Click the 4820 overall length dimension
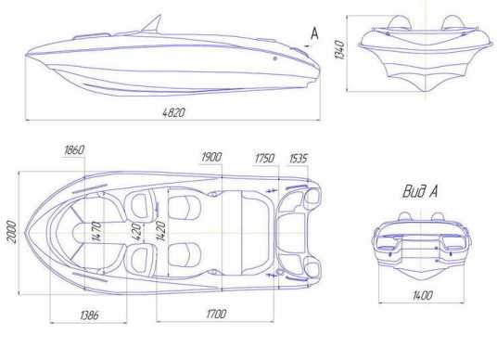click(173, 112)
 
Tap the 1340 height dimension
click(339, 49)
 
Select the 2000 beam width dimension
click(11, 232)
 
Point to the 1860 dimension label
click(74, 150)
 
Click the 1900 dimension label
click(211, 157)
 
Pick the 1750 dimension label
click(264, 159)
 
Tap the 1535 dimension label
click(299, 159)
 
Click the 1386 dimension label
click(89, 315)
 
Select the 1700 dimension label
click(216, 314)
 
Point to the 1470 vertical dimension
click(97, 232)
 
